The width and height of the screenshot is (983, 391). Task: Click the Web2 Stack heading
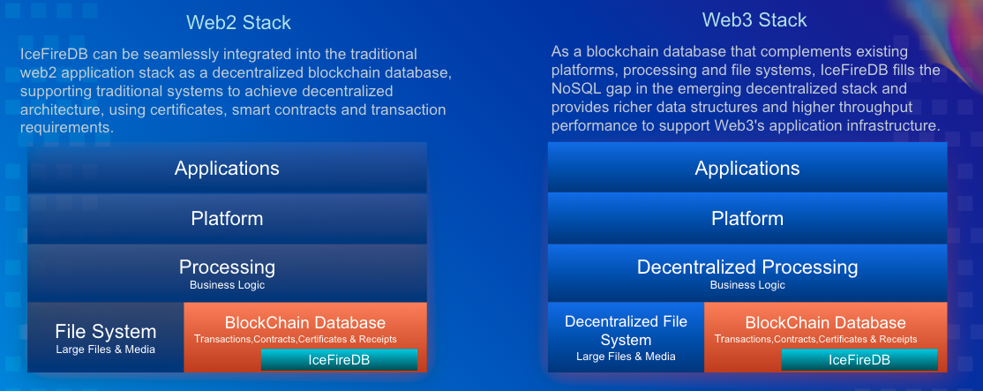pos(238,22)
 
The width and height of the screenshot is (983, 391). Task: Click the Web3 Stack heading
pos(754,19)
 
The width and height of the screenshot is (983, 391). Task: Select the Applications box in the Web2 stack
pos(227,169)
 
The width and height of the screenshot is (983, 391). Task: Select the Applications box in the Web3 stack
pos(747,169)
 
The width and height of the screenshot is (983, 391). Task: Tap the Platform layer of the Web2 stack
pos(227,218)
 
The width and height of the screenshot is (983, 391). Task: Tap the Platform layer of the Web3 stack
pos(747,218)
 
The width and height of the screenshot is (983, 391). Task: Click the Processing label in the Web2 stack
pos(227,267)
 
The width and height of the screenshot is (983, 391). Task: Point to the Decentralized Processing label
pos(747,267)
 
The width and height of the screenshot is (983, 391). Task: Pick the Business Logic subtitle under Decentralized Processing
pos(747,285)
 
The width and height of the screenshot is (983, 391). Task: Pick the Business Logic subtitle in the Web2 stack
pos(227,285)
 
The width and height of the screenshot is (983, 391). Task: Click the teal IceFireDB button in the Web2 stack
pos(339,359)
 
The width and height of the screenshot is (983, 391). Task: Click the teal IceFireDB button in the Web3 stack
pos(859,359)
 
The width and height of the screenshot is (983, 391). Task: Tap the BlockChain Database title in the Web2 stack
pos(305,322)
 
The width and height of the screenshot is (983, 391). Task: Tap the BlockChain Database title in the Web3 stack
pos(825,322)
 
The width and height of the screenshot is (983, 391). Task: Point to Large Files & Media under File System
pos(106,350)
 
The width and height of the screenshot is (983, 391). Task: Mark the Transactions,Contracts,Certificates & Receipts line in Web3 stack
pos(815,339)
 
